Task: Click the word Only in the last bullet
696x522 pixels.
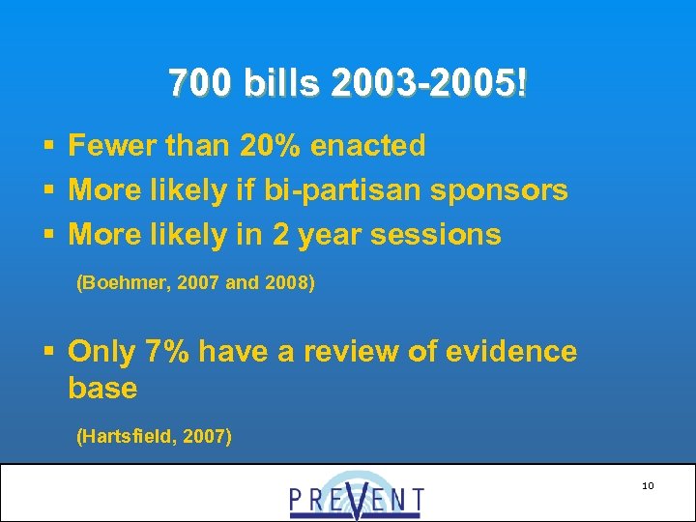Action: click(101, 352)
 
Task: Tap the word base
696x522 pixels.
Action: click(102, 389)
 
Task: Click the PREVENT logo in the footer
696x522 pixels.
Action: click(356, 495)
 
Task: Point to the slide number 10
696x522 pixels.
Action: click(648, 485)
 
